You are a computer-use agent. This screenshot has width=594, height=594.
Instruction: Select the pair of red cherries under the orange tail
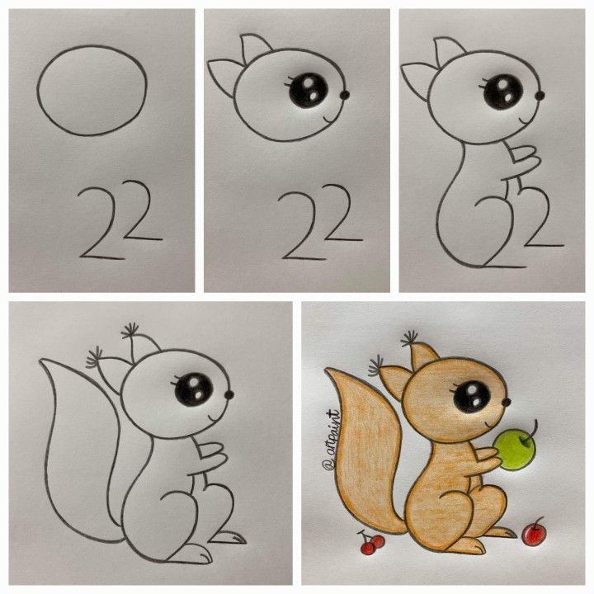tap(372, 542)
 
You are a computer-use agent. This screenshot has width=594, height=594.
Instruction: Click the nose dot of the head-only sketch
tap(344, 96)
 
